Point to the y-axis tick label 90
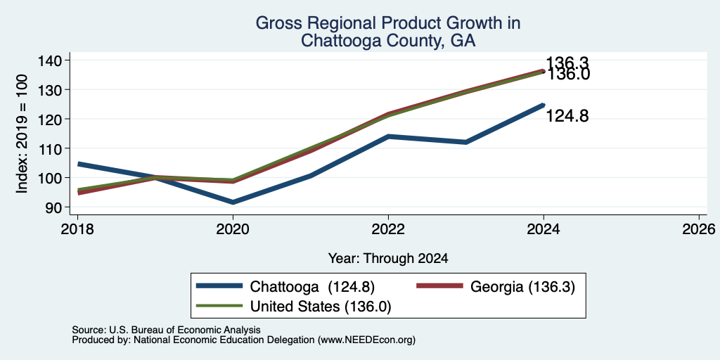[x=60, y=207]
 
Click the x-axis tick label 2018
[x=77, y=229]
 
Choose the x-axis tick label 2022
[x=388, y=229]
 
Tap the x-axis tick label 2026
[x=700, y=229]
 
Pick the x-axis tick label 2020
[x=233, y=229]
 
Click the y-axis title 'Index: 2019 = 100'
[x=22, y=134]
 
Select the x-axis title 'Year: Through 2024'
[x=388, y=259]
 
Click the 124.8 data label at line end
[x=567, y=117]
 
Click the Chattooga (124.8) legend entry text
[x=312, y=287]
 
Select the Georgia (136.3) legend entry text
[x=522, y=287]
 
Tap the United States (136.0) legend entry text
[x=321, y=307]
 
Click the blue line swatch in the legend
[x=219, y=286]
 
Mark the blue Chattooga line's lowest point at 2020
[x=233, y=202]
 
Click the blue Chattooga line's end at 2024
[x=544, y=105]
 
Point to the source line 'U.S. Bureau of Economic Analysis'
[x=185, y=330]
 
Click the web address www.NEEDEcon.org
[x=366, y=340]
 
